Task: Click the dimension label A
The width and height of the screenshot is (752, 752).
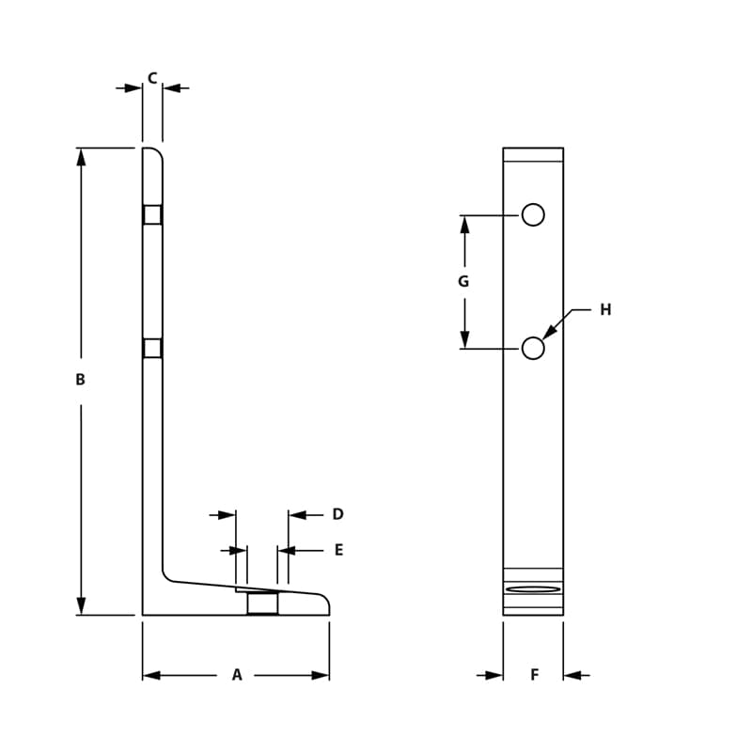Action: point(237,675)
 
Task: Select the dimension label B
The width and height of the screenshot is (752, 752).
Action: point(81,380)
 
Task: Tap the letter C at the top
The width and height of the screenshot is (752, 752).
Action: point(152,79)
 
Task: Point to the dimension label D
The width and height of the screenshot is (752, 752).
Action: point(337,514)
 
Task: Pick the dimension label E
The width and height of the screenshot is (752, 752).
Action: point(338,550)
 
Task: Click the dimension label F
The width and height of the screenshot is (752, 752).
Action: point(534,675)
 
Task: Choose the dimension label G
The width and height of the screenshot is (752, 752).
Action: point(463,282)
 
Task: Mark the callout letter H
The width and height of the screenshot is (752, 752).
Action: point(605,309)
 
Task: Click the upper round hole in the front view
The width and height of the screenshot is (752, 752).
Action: point(533,215)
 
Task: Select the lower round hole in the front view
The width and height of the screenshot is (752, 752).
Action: point(533,349)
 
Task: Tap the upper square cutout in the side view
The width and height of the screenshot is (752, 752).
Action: point(152,215)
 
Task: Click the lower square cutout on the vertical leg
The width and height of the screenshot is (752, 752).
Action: point(152,349)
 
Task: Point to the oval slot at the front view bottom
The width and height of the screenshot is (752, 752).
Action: point(533,589)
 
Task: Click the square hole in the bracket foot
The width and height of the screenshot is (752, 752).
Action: point(262,603)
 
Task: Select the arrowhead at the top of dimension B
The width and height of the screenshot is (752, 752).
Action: point(81,156)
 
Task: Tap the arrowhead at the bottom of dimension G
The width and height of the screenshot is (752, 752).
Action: point(464,339)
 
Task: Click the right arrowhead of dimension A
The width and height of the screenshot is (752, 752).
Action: point(321,675)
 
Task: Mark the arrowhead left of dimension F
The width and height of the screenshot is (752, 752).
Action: point(493,675)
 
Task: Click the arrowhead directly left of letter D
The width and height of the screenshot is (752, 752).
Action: point(298,515)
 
